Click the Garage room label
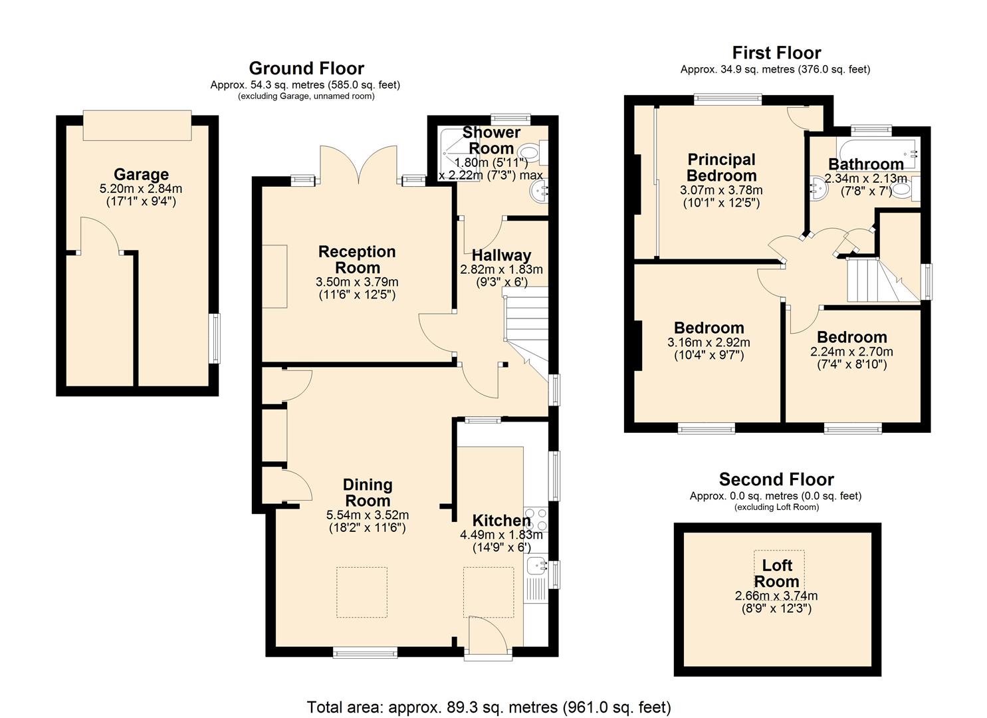(x=141, y=175)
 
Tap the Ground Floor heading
(x=306, y=68)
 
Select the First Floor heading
(x=776, y=53)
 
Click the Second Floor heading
(x=776, y=479)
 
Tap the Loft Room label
(x=776, y=574)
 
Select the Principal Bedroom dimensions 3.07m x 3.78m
(x=721, y=190)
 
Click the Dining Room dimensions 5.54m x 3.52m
(x=368, y=515)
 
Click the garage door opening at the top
(x=137, y=125)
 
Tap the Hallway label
(x=501, y=256)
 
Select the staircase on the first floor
(x=883, y=280)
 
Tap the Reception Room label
(x=358, y=259)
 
